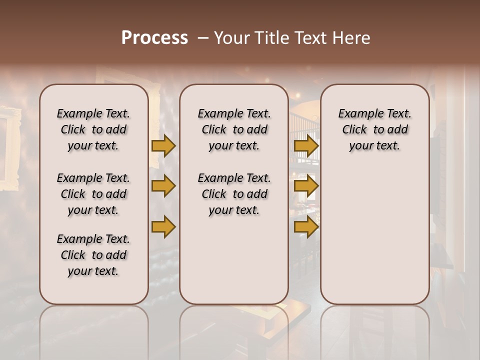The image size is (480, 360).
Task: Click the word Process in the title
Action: (154, 38)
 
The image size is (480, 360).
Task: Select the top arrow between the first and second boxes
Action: (163, 145)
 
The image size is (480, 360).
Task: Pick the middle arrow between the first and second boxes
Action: (163, 186)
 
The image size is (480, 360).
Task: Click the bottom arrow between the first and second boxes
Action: (163, 227)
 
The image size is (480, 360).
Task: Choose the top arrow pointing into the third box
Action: (306, 145)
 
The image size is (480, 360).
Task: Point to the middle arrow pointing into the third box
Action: (306, 186)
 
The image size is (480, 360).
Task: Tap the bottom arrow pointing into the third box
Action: (306, 227)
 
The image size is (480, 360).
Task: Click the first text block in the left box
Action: (93, 129)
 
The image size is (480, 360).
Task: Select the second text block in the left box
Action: (93, 194)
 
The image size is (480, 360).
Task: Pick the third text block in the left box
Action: (93, 255)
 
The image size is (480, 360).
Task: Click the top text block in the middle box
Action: (234, 129)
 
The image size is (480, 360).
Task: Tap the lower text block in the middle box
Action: (234, 194)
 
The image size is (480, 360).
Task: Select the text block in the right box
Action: (374, 129)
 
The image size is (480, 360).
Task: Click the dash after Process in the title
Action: (203, 38)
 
